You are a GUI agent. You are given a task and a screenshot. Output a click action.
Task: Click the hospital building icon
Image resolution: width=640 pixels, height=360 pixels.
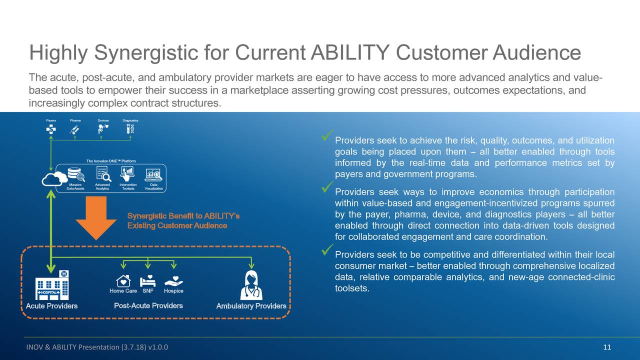click(x=52, y=285)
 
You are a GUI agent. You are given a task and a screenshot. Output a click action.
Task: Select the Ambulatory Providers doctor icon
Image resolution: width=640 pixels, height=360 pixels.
click(x=251, y=285)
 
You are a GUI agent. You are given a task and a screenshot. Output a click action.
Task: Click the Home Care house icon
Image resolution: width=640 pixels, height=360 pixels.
click(x=123, y=280)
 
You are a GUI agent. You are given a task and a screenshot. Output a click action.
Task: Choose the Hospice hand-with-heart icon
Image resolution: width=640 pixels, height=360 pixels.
click(x=173, y=280)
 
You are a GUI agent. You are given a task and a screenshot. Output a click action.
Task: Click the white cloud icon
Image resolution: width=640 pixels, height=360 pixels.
click(x=54, y=178)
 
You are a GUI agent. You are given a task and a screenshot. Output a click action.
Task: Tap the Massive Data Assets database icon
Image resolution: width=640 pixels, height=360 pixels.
click(x=76, y=174)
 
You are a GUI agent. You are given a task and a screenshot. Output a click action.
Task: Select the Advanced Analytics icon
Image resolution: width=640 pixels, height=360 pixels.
click(x=102, y=173)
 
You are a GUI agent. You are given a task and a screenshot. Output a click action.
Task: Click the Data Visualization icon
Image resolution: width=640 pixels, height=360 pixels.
click(x=153, y=174)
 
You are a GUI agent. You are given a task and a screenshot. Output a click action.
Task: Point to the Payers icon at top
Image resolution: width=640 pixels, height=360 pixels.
click(x=51, y=129)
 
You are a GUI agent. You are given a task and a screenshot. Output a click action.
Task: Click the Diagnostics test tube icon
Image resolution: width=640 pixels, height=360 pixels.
click(x=130, y=129)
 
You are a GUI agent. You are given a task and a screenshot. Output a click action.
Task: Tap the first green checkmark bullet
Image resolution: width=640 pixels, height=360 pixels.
click(x=328, y=135)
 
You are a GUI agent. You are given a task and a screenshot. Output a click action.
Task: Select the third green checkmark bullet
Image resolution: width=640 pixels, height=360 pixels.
click(x=328, y=248)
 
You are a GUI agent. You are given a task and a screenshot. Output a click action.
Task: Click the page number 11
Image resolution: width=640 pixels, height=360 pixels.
click(x=607, y=348)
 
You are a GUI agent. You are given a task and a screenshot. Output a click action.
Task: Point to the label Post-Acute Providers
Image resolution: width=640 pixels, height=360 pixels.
click(x=148, y=305)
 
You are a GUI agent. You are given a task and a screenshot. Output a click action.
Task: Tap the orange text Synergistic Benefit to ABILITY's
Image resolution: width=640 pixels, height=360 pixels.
click(x=183, y=216)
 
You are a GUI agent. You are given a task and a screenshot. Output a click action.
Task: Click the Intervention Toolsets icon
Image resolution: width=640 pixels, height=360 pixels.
click(x=128, y=173)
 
